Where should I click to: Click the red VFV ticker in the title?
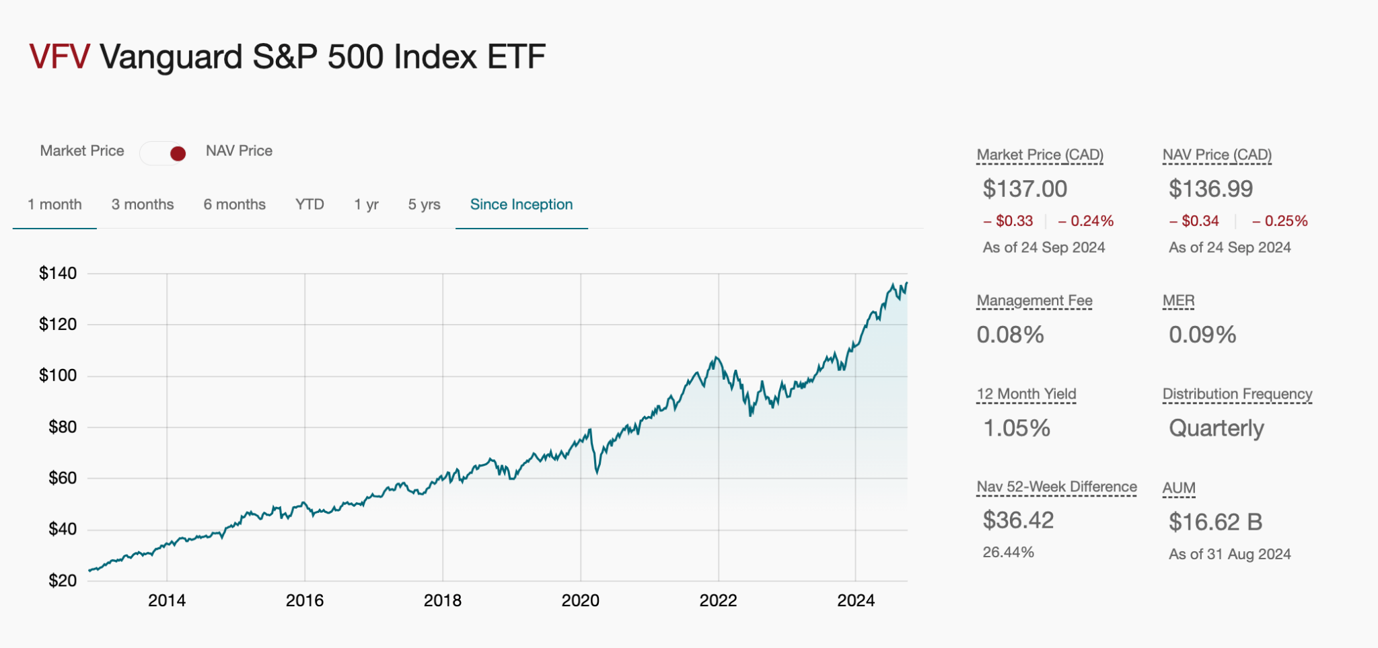point(59,56)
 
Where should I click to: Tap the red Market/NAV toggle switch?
point(164,153)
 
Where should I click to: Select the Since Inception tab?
point(521,204)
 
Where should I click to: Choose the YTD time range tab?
point(310,204)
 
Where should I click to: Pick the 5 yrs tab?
point(424,204)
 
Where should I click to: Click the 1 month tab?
point(55,204)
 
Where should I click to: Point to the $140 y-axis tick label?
point(58,273)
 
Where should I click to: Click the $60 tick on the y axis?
point(62,478)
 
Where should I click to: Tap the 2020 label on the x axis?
point(580,600)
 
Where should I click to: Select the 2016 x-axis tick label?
point(304,600)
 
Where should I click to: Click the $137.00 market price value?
point(1025,189)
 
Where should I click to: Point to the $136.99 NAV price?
point(1210,189)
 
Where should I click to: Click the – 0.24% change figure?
point(1085,220)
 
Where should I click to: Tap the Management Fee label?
point(1034,300)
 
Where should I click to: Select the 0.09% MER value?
point(1202,335)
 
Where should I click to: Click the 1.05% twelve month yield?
point(1017,428)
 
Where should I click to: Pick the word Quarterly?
point(1216,428)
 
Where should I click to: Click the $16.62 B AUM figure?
point(1215,522)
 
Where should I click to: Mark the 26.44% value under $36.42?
point(1008,552)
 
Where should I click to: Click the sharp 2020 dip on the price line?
point(597,471)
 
